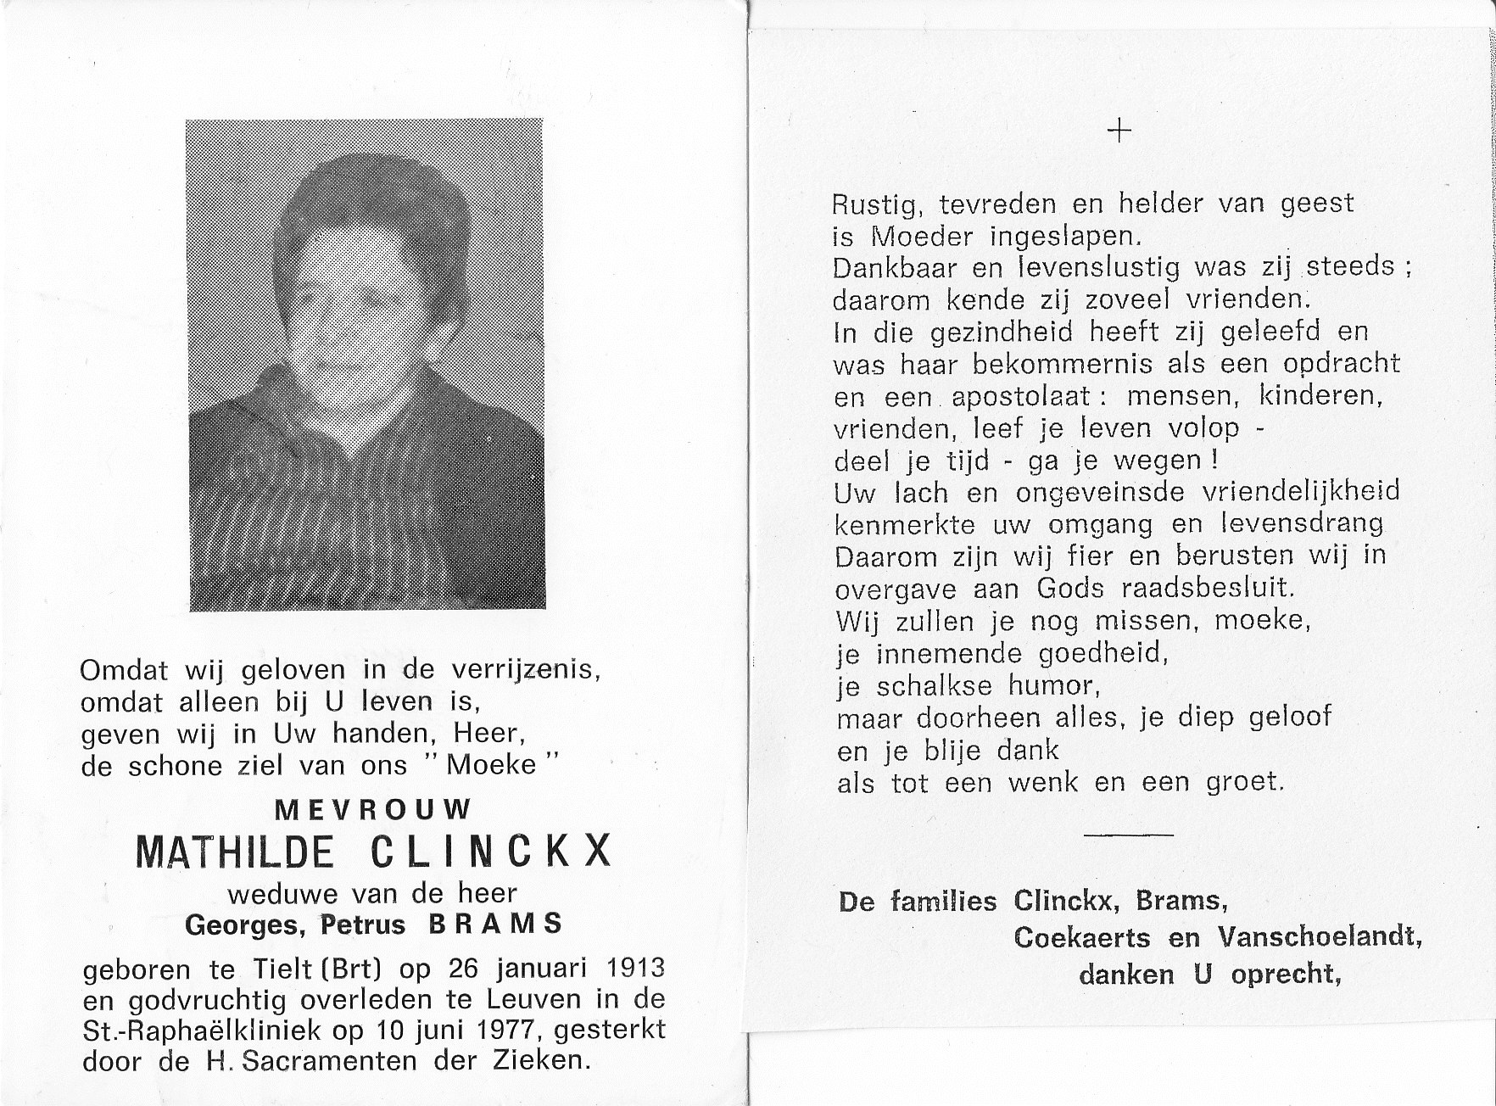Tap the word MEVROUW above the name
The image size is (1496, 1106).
(x=373, y=809)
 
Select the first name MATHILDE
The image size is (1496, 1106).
(x=235, y=852)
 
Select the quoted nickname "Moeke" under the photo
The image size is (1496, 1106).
(x=490, y=765)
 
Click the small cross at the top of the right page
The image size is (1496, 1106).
(x=1119, y=131)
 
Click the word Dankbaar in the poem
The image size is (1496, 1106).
(x=896, y=268)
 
